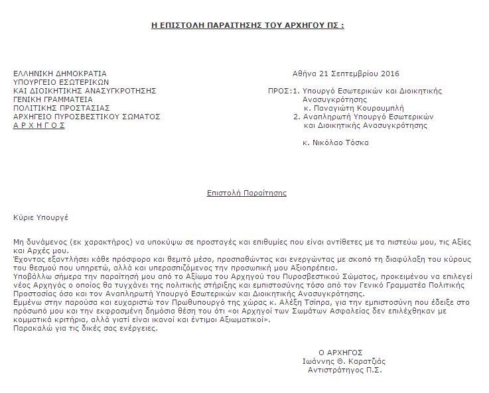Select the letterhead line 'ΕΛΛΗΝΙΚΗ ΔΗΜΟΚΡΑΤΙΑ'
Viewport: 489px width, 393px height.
[x=60, y=73]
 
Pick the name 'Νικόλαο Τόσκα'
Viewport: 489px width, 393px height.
[x=340, y=142]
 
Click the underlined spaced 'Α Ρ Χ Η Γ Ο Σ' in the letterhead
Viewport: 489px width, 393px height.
[x=39, y=125]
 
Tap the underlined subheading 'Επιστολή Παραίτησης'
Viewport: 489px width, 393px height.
[x=246, y=193]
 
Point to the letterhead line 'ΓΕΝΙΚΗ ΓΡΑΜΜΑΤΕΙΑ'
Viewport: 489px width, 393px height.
[x=53, y=99]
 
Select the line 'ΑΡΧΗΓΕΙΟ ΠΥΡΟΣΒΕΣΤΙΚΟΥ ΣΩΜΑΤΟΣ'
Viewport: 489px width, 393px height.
[x=87, y=116]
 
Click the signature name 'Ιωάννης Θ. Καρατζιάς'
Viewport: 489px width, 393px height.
[x=343, y=361]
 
